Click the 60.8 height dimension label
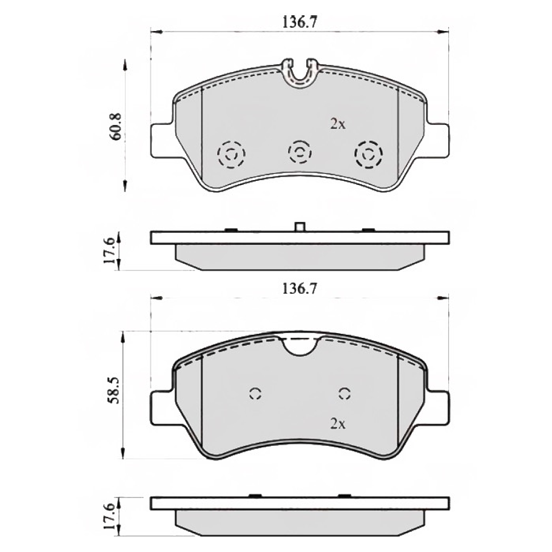click(x=115, y=127)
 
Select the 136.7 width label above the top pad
click(x=300, y=22)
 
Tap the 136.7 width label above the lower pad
click(x=300, y=289)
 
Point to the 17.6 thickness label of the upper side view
click(x=109, y=251)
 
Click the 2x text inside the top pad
click(x=337, y=124)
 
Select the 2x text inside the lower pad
click(x=337, y=423)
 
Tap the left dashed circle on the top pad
click(x=230, y=154)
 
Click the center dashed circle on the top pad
click(x=300, y=151)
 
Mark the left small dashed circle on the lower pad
click(x=255, y=394)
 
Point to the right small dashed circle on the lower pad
click(x=345, y=394)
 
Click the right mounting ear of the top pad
click(x=437, y=140)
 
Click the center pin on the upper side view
click(x=299, y=226)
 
